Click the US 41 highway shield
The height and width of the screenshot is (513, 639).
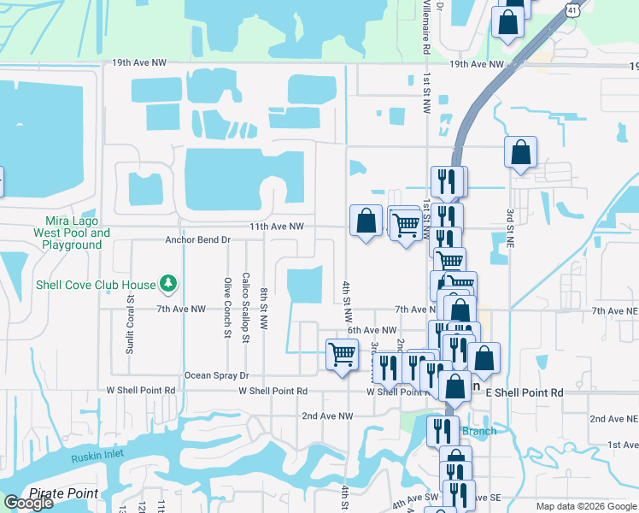point(571,8)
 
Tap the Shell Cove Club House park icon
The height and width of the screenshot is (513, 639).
point(169,284)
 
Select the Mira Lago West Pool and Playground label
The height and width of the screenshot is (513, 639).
point(72,233)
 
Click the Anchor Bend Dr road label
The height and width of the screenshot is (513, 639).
point(198,240)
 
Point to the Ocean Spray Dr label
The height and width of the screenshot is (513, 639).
point(216,375)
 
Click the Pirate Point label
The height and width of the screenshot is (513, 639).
point(63,493)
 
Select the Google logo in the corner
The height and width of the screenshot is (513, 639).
point(28,503)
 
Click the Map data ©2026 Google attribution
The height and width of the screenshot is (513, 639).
point(586,506)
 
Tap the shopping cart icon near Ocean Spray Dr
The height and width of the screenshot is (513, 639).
point(343,354)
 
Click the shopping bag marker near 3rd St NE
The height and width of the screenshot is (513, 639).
point(520,153)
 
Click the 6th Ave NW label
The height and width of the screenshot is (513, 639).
point(372,330)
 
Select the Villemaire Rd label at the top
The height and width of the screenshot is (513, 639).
point(425,26)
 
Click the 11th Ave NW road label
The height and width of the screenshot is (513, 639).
point(277,227)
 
